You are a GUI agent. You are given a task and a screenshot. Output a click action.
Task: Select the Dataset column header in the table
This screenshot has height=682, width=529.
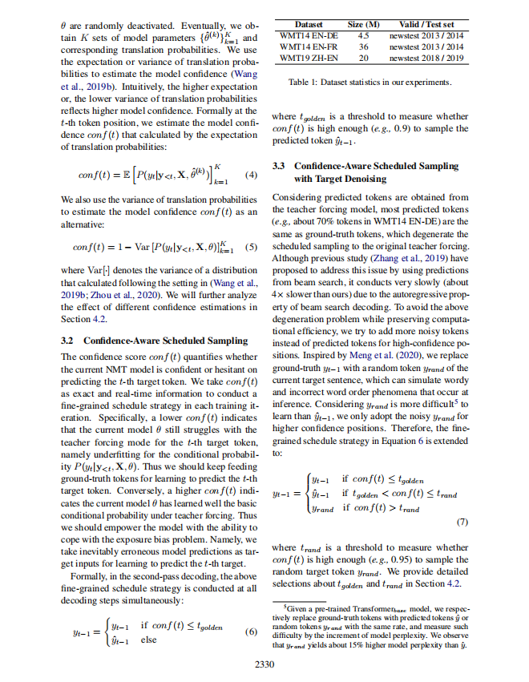coord(308,26)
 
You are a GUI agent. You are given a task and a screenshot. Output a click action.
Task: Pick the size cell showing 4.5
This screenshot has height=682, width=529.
coord(362,37)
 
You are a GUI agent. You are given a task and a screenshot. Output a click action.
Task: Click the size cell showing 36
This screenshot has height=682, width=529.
coord(362,47)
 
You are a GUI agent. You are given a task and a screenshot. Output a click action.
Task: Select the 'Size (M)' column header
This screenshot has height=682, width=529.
coord(362,26)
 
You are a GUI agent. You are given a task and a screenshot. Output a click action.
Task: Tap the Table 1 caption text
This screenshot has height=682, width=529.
coord(369,83)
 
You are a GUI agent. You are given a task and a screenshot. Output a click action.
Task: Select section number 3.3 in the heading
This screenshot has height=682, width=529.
coord(280,166)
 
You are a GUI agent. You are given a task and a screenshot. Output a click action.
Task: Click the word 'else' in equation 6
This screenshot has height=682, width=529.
coord(149,638)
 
